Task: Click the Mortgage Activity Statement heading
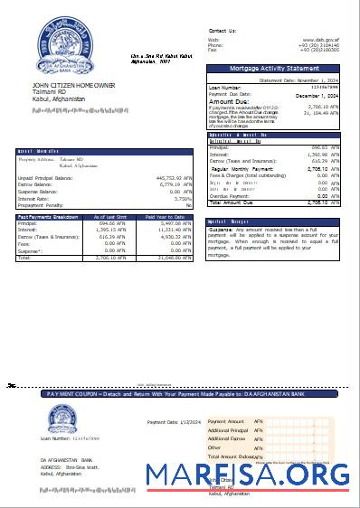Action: pos(274,69)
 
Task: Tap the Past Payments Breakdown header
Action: pos(45,217)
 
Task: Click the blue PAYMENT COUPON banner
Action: pos(180,394)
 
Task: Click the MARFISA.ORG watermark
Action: pos(248,475)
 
